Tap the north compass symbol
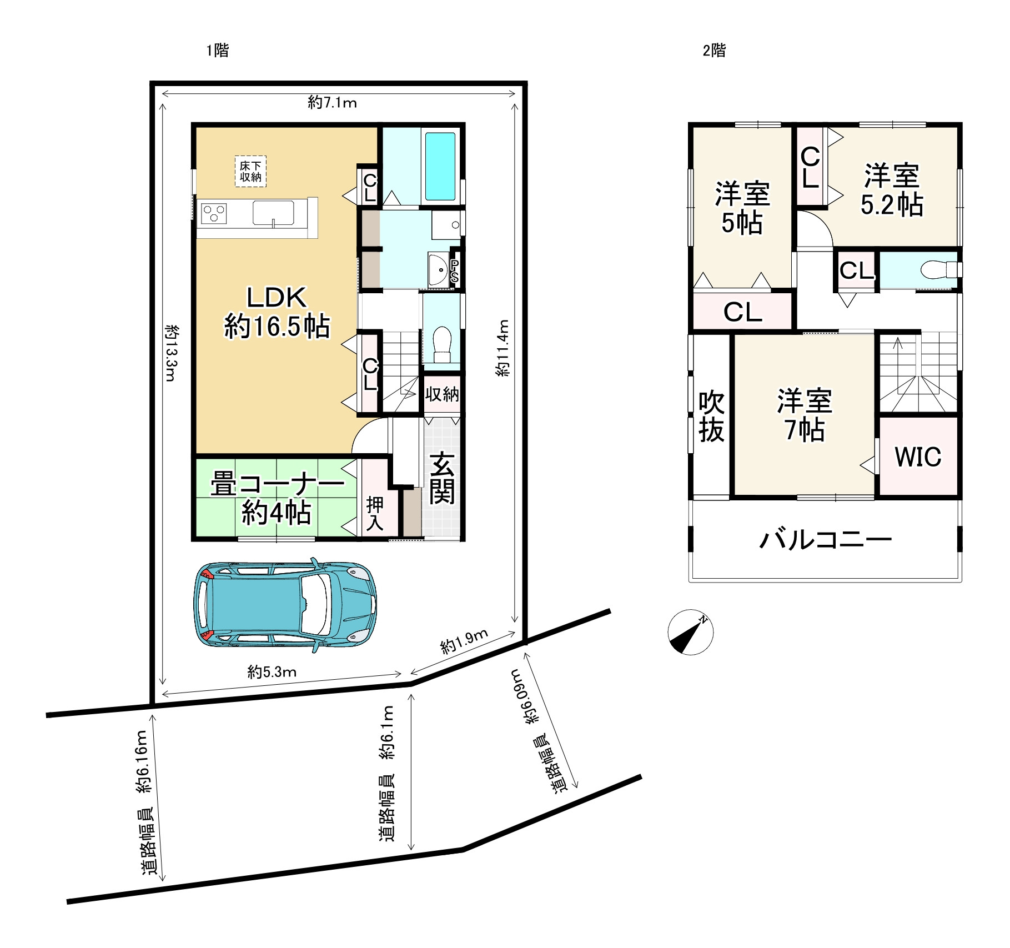[x=690, y=632]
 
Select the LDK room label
[x=277, y=312]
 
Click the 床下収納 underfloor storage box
[x=250, y=171]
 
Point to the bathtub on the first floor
[x=440, y=167]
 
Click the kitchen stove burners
[x=214, y=214]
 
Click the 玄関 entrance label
[x=442, y=478]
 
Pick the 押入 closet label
[x=375, y=514]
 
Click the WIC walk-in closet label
[x=918, y=457]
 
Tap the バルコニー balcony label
[x=825, y=539]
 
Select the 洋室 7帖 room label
[x=805, y=415]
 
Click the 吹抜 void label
[x=711, y=417]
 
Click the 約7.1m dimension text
[x=332, y=103]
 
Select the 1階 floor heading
[x=218, y=51]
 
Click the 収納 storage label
[x=442, y=394]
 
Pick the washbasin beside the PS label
[x=439, y=270]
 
